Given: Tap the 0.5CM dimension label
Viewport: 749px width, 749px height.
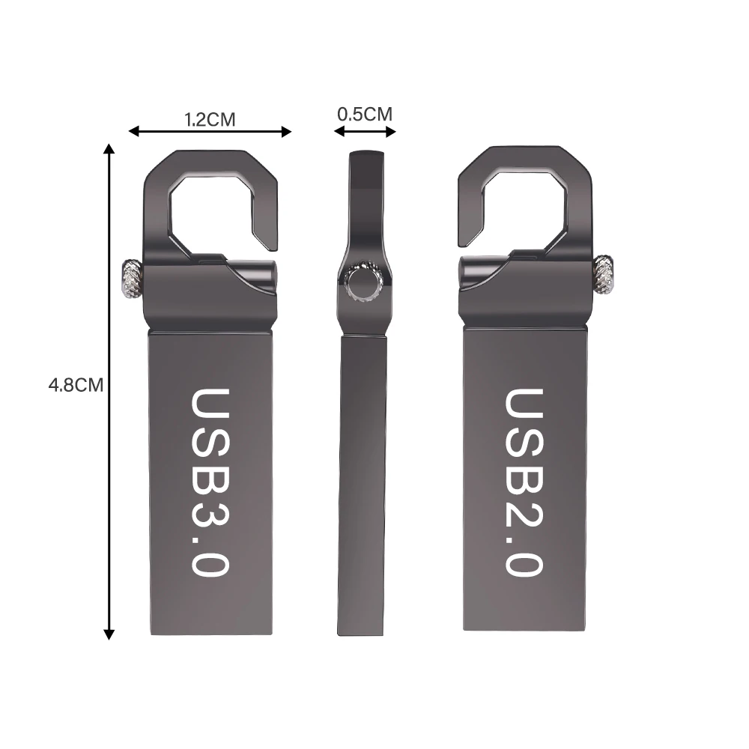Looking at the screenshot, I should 365,115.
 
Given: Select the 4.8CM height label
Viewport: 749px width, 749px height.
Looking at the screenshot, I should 76,385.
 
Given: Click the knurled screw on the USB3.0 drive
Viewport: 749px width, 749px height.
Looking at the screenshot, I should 129,278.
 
